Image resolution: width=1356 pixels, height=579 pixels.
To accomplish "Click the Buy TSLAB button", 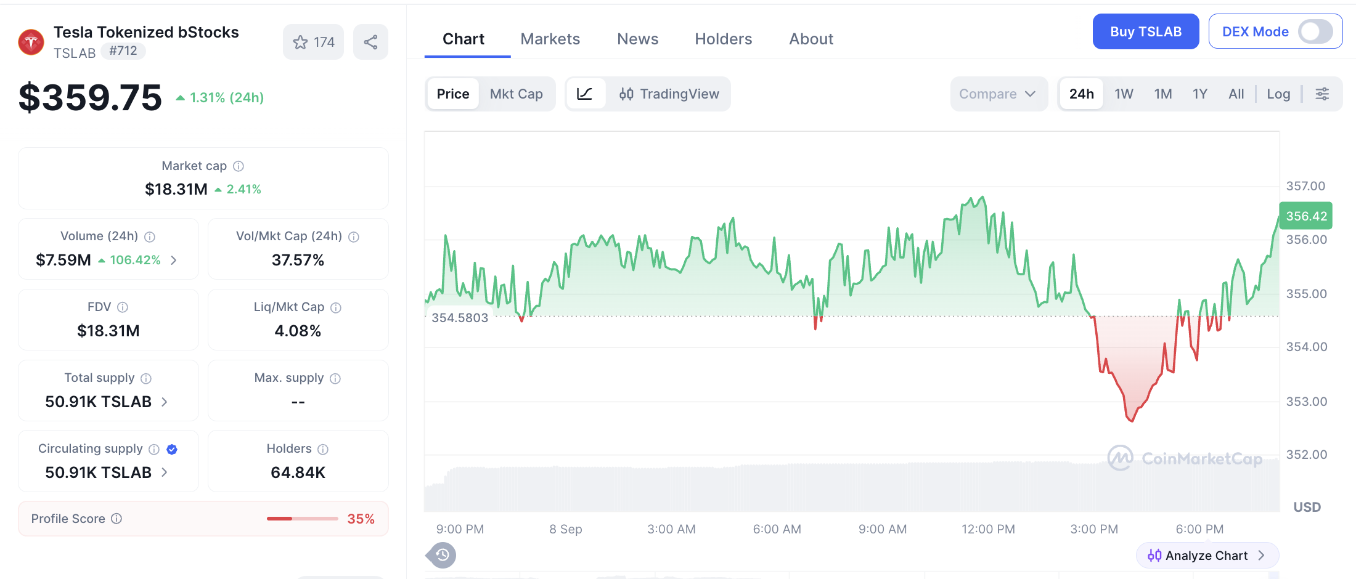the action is pyautogui.click(x=1146, y=31).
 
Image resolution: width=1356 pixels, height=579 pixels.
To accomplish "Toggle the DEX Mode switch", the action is pyautogui.click(x=1315, y=31).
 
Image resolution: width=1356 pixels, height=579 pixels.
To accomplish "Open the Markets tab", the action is pyautogui.click(x=550, y=39).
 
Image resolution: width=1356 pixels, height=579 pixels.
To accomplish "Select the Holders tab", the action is pyautogui.click(x=724, y=39).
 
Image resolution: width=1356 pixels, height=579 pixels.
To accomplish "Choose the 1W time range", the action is pyautogui.click(x=1124, y=94).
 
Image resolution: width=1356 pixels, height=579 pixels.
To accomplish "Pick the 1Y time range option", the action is pyautogui.click(x=1199, y=94).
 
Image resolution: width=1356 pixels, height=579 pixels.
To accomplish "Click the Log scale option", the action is pyautogui.click(x=1278, y=94).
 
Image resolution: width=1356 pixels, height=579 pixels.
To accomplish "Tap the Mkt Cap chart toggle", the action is pyautogui.click(x=517, y=94).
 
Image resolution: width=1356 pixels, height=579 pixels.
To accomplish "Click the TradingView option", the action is pyautogui.click(x=669, y=94).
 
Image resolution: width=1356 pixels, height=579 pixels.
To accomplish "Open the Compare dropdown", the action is pyautogui.click(x=999, y=94).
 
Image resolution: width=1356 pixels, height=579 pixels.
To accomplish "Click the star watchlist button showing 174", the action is pyautogui.click(x=314, y=42).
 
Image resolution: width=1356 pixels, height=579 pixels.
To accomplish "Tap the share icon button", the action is pyautogui.click(x=370, y=42).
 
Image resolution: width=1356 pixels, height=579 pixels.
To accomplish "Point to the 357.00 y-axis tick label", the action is pyautogui.click(x=1305, y=186).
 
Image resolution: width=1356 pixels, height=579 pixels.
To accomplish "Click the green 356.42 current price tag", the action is pyautogui.click(x=1306, y=216).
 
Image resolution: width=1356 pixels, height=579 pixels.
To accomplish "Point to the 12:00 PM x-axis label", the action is pyautogui.click(x=988, y=529).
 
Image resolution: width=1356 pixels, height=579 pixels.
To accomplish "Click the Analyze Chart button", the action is pyautogui.click(x=1207, y=556).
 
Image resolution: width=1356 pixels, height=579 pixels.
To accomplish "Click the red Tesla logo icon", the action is pyautogui.click(x=31, y=42).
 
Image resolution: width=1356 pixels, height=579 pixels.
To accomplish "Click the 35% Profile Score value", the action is pyautogui.click(x=361, y=519).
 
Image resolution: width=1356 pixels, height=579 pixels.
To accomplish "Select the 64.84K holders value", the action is pyautogui.click(x=298, y=472).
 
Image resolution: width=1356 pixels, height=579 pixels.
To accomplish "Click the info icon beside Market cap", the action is pyautogui.click(x=239, y=166).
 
